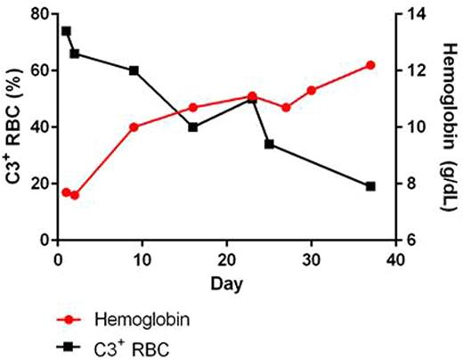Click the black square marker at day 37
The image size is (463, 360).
[370, 186]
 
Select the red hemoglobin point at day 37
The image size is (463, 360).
[370, 65]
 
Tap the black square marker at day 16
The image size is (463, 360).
[192, 127]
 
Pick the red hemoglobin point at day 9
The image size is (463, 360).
[134, 127]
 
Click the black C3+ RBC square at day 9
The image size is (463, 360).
[134, 70]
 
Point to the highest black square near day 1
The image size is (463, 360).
[66, 31]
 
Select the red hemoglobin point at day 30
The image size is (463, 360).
[312, 90]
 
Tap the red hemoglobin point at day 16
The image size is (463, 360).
[192, 107]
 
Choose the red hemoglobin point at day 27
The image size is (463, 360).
[286, 107]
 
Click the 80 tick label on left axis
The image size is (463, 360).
[37, 14]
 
